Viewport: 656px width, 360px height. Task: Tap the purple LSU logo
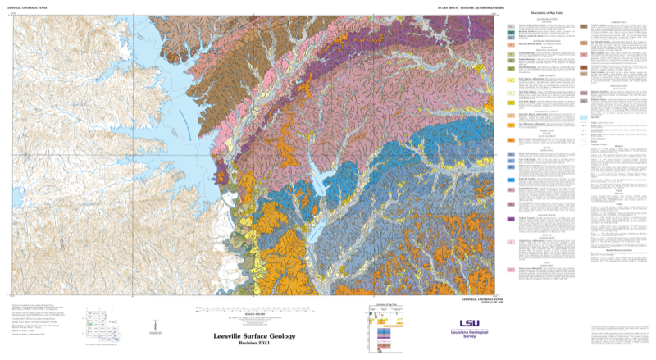click(470, 324)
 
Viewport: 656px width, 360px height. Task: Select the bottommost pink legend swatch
click(511, 244)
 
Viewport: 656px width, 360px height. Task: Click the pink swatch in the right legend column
click(583, 94)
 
